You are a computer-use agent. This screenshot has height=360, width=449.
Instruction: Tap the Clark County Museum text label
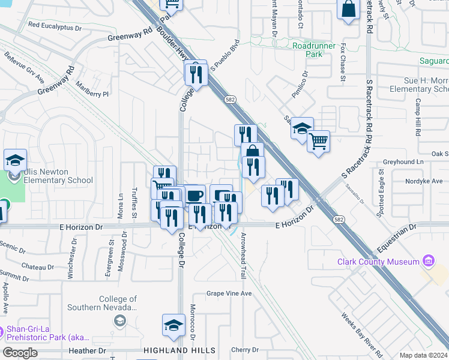click(378, 262)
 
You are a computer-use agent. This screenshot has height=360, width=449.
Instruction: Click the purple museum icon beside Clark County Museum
click(427, 261)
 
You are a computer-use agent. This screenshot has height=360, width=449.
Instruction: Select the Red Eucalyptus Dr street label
click(55, 26)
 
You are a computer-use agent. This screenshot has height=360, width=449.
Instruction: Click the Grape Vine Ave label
click(229, 293)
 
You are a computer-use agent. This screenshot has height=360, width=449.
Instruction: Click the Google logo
click(20, 353)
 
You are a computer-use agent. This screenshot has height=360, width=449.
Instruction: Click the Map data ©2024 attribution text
click(424, 355)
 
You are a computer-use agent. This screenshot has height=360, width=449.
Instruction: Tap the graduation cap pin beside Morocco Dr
click(173, 326)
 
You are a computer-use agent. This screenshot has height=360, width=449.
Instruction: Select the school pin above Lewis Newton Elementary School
click(15, 160)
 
